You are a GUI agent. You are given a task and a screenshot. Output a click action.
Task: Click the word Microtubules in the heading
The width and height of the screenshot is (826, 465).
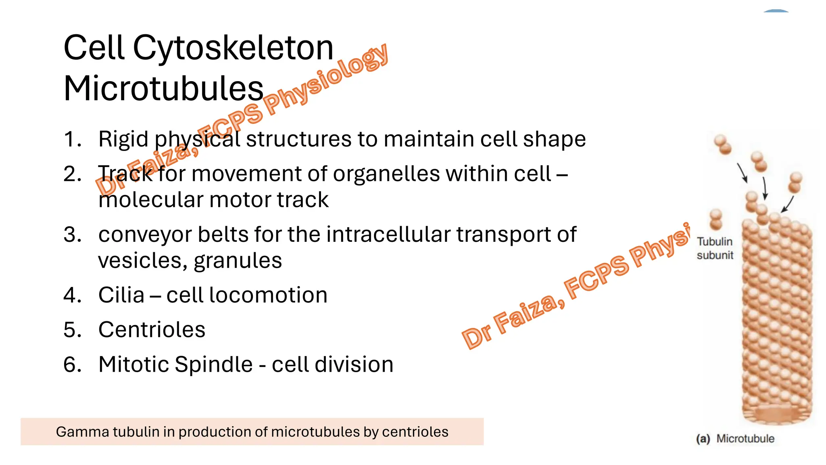click(x=163, y=89)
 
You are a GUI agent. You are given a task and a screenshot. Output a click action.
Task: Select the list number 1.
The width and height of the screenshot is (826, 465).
click(x=72, y=139)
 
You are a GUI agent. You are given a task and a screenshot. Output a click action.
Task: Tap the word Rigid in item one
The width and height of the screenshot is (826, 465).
click(x=123, y=140)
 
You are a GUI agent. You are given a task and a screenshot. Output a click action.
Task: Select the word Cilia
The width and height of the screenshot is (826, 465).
click(x=121, y=295)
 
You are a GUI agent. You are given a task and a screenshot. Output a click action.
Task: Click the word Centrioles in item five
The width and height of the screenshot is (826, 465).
click(x=152, y=330)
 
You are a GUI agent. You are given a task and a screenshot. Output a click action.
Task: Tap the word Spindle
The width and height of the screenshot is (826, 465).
click(x=214, y=364)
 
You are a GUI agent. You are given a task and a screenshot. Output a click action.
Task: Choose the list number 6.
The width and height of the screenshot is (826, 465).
click(x=72, y=364)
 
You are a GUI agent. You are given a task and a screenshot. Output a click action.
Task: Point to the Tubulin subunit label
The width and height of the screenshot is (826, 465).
click(x=715, y=248)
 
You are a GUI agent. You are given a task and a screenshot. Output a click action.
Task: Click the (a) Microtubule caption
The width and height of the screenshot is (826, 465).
click(x=735, y=438)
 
